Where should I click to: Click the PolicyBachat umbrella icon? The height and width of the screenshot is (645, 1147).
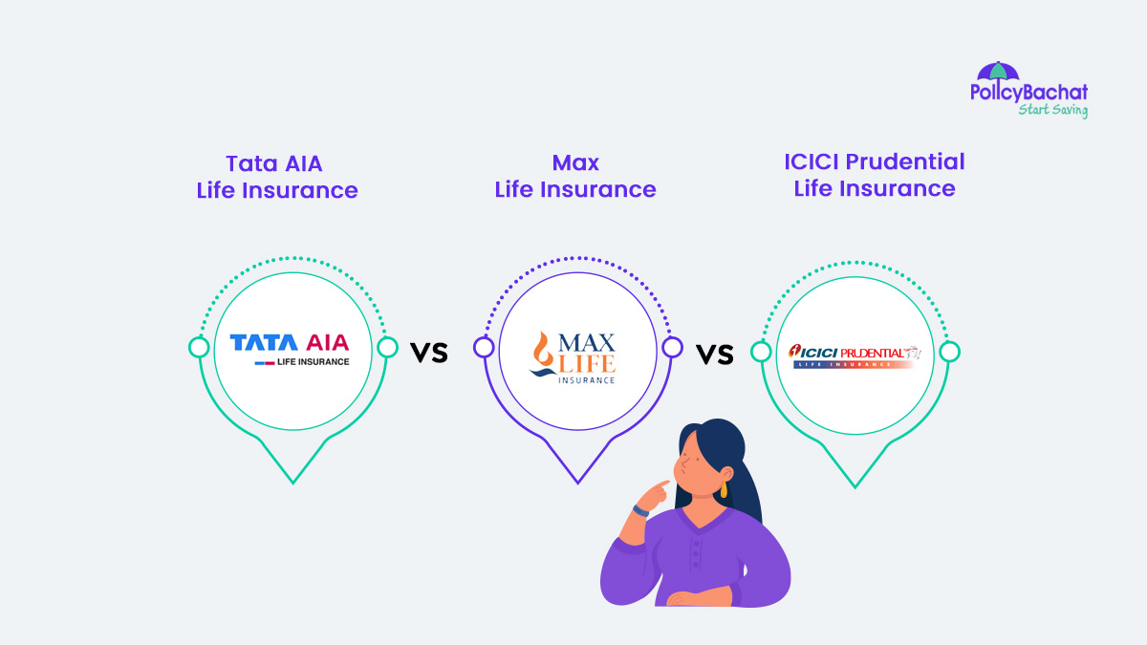click(998, 72)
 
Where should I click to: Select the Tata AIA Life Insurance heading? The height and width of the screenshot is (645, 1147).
click(277, 177)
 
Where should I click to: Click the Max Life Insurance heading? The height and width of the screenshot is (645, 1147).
click(575, 177)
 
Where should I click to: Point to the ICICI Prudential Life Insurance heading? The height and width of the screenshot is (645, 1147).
click(875, 175)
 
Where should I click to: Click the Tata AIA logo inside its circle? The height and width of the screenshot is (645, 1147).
click(290, 349)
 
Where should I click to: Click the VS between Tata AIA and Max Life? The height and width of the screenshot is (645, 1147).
click(429, 353)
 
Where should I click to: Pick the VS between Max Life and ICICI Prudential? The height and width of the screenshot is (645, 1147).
click(714, 355)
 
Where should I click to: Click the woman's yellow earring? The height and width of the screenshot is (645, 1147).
click(723, 489)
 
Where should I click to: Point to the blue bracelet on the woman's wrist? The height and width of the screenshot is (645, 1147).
click(640, 512)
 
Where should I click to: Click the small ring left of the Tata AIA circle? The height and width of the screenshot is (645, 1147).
click(199, 348)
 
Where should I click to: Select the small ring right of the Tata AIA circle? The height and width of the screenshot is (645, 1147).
click(387, 348)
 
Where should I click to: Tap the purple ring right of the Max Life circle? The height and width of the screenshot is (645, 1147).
click(672, 348)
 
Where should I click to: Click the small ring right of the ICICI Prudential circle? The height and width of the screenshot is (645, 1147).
click(949, 352)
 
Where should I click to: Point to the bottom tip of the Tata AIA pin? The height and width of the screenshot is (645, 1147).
click(292, 482)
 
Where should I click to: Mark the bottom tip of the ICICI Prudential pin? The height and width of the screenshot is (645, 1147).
click(855, 485)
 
